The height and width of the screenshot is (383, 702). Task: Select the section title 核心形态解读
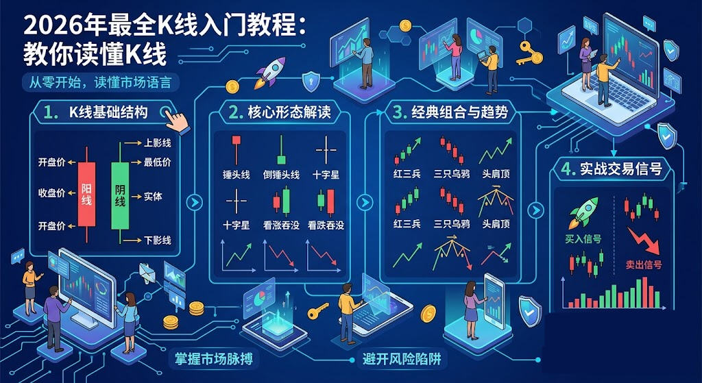(289, 113)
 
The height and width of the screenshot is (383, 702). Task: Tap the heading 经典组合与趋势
(459, 113)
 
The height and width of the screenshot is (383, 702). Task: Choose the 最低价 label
(158, 162)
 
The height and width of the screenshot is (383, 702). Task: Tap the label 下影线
(158, 240)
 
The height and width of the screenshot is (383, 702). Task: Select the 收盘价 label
(51, 193)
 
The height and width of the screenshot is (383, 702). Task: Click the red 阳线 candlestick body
(86, 194)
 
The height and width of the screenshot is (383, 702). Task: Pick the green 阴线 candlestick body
(120, 196)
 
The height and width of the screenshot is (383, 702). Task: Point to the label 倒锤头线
(281, 175)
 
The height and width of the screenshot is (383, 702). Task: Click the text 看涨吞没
(281, 225)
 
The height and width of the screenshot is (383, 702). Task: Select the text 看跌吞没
(326, 225)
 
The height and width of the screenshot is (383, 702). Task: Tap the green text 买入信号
(583, 239)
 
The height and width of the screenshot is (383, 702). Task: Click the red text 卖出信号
(643, 265)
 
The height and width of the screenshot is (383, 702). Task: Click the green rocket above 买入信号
(583, 213)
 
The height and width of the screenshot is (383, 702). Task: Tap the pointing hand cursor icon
(178, 121)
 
